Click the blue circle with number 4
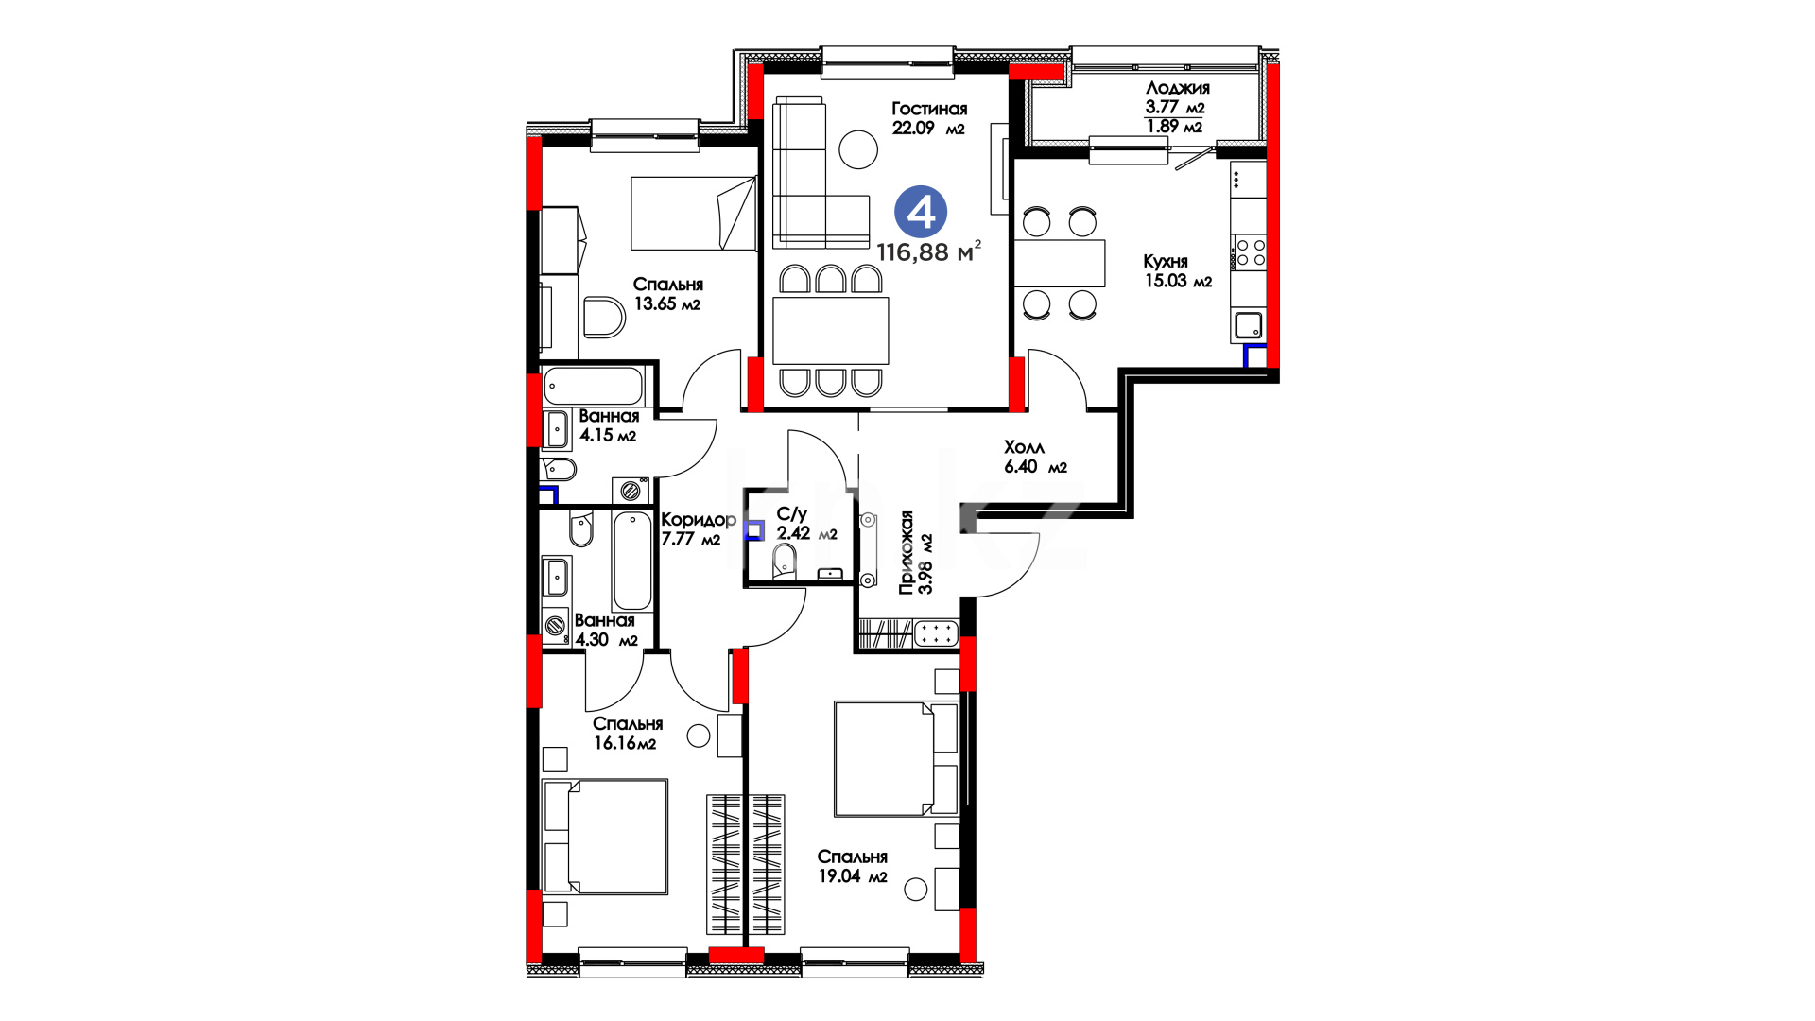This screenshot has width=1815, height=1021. tap(921, 213)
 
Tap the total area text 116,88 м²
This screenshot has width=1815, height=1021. tap(928, 251)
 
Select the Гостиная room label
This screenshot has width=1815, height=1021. tap(929, 109)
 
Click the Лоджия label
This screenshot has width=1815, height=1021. tap(1177, 88)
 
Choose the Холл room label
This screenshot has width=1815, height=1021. tap(1024, 447)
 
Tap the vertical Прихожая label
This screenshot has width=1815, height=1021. tap(907, 553)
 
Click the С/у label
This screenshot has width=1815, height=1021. tap(791, 514)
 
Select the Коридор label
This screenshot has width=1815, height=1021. tap(699, 520)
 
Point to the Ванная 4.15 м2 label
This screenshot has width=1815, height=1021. tap(609, 425)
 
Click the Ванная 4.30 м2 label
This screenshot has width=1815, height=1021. tap(605, 630)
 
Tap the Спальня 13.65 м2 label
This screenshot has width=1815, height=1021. tap(667, 294)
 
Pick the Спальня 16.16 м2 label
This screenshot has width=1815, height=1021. tap(628, 733)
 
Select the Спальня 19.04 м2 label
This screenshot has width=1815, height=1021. tap(853, 866)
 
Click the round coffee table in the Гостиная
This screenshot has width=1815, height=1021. tap(858, 148)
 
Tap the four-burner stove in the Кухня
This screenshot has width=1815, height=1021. tap(1249, 252)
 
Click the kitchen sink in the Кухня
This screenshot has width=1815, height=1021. tap(1249, 326)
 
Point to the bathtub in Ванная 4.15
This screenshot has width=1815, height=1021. tap(594, 387)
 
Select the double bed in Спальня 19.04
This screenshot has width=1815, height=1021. tap(897, 758)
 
